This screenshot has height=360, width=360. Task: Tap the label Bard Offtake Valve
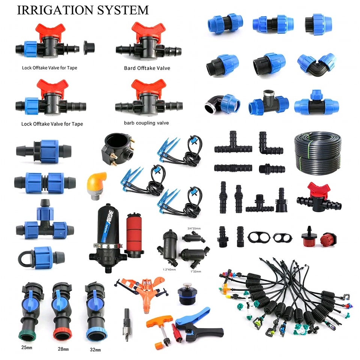pyautogui.click(x=147, y=68)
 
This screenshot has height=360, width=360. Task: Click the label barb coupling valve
pyautogui.click(x=146, y=123)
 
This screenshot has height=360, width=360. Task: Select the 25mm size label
pyautogui.click(x=27, y=348)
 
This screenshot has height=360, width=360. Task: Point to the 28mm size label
pyautogui.click(x=63, y=349)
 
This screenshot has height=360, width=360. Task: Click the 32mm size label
pyautogui.click(x=95, y=350)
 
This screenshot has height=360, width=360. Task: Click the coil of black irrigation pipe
pyautogui.click(x=318, y=153)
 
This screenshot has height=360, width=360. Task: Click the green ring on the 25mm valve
pyautogui.click(x=27, y=337)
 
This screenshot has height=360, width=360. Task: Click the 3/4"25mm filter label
pyautogui.click(x=194, y=228)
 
